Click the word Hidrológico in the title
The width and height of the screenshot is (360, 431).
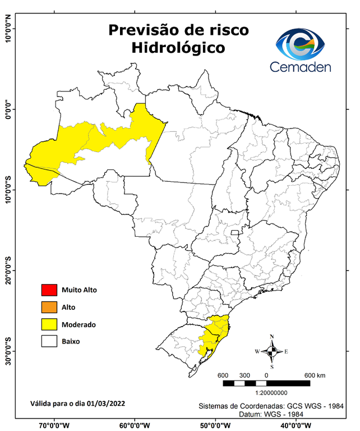[178, 48]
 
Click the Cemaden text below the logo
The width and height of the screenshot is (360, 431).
[301, 67]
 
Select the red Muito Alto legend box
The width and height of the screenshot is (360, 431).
[49, 290]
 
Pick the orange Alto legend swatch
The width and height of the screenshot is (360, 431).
[49, 307]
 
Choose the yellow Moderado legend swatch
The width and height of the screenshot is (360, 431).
[49, 324]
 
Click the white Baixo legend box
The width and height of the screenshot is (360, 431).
[49, 341]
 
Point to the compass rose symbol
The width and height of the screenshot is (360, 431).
[272, 352]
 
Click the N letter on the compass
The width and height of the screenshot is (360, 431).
[272, 337]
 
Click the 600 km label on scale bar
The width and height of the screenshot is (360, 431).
[315, 375]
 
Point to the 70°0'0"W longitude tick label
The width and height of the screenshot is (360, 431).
[54, 425]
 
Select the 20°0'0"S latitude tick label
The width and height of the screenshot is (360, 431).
[8, 271]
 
